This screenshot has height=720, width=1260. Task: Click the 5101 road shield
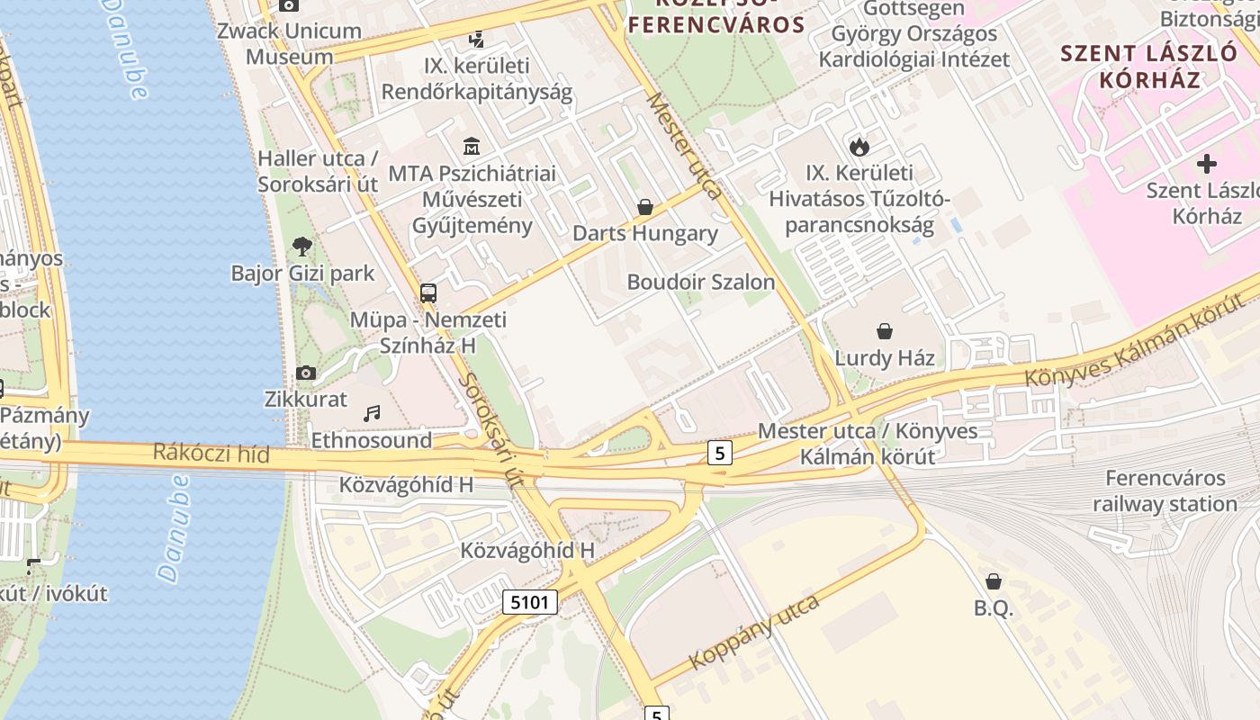(x=530, y=602)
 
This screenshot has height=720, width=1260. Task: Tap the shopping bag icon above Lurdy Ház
(x=885, y=331)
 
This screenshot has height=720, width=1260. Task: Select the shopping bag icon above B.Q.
(x=994, y=581)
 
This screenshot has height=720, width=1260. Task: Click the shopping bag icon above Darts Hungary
(x=645, y=208)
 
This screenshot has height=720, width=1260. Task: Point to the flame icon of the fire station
(x=859, y=146)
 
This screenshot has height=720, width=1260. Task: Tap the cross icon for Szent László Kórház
(x=1207, y=164)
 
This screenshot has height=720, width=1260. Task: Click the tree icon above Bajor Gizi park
(x=302, y=246)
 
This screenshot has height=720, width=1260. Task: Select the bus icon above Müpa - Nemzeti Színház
(x=428, y=292)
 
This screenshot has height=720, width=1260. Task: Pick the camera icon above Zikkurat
(x=306, y=373)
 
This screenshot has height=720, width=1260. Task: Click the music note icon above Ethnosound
(x=372, y=414)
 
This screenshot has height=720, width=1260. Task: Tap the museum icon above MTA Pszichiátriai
(x=472, y=146)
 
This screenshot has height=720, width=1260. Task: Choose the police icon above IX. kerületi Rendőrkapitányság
(x=477, y=39)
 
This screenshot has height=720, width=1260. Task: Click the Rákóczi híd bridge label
(x=211, y=452)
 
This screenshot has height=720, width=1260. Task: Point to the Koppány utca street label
(x=754, y=632)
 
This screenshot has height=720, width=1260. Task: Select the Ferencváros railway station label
(x=1165, y=491)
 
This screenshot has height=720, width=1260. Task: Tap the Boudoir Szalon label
(x=700, y=282)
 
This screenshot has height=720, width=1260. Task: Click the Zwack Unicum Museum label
(x=290, y=43)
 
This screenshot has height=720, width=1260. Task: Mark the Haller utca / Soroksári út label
(x=318, y=171)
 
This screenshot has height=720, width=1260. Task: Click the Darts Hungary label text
(x=645, y=234)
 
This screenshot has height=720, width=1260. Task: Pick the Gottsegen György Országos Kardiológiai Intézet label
(x=913, y=34)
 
